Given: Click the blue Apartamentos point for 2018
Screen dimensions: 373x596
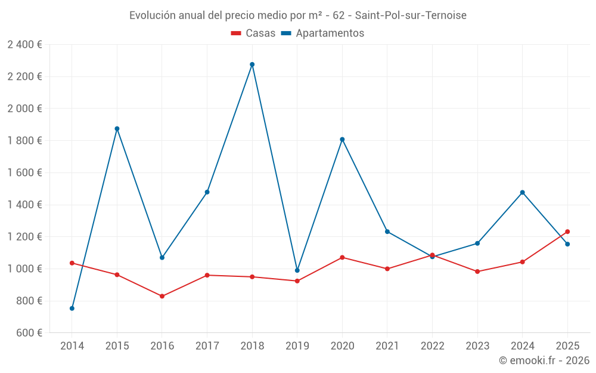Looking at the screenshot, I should click(x=252, y=64).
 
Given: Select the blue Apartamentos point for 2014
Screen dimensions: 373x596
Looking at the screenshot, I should click(x=72, y=309).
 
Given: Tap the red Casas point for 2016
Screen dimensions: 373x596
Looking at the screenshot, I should click(x=162, y=296).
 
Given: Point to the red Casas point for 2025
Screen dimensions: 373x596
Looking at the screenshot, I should click(x=567, y=232).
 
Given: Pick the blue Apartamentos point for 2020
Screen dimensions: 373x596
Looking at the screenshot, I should click(x=342, y=140).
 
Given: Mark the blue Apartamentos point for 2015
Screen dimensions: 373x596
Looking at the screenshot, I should click(x=117, y=128).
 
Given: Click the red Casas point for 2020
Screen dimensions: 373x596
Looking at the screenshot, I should click(x=342, y=257).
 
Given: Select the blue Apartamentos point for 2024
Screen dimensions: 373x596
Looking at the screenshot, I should click(x=523, y=192).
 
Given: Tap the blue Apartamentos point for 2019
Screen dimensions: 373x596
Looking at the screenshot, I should click(x=297, y=270).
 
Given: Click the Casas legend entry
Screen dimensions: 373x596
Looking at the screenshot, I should click(x=253, y=33).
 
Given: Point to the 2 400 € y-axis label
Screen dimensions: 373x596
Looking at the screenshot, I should click(x=24, y=45).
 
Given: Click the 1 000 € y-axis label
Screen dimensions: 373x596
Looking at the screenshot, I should click(x=24, y=269).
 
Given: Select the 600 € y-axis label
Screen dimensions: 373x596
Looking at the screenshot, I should click(x=28, y=333).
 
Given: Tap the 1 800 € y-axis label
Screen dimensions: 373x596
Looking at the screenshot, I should click(x=24, y=141).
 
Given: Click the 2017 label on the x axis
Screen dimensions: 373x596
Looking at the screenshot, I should click(x=207, y=346).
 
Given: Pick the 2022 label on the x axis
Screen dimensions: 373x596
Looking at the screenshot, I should click(x=432, y=346).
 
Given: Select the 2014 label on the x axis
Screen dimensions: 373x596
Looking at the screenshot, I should click(x=72, y=346).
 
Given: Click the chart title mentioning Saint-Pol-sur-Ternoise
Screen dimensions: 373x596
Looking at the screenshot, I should click(x=298, y=15).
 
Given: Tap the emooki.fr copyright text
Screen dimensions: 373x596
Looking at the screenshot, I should click(x=544, y=360).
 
